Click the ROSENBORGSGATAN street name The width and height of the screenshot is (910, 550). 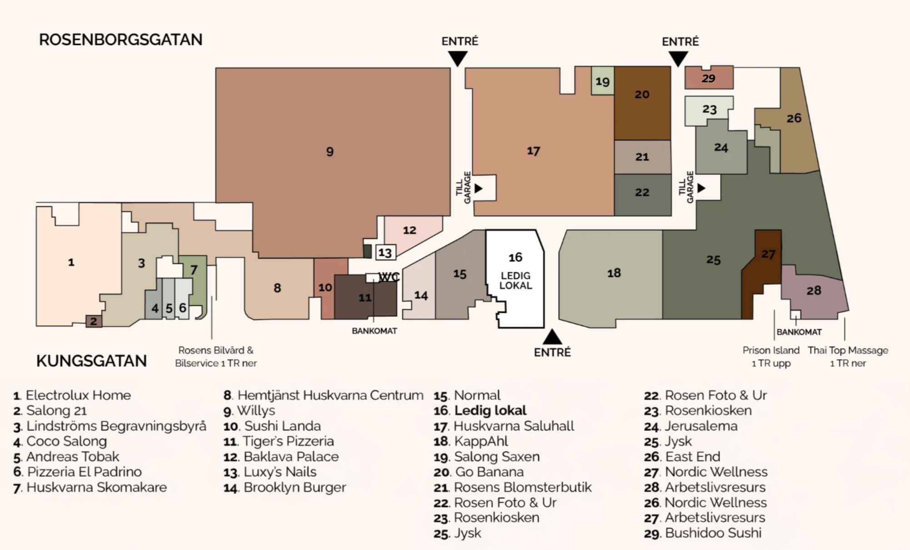coord(120,40)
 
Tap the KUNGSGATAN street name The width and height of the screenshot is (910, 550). coord(91,361)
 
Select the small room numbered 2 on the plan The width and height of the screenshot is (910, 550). coord(94,321)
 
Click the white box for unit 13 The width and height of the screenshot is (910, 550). coord(385,252)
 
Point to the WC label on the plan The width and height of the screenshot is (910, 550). coord(389,277)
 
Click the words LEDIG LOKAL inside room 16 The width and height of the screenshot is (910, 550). coord(515,281)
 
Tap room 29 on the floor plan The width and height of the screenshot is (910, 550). coord(708,78)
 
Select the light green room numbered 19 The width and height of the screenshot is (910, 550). coord(602,81)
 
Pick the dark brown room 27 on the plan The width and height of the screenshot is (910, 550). coord(767,255)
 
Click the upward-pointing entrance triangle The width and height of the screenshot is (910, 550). coord(552,337)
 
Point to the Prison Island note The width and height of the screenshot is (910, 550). coord(771,356)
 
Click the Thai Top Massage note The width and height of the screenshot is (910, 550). coord(848,356)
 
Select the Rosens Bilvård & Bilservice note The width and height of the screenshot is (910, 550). coord(216,356)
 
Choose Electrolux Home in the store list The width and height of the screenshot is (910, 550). coord(78,395)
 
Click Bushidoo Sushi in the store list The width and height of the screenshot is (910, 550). coord(713,533)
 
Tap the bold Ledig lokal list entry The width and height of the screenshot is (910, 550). coord(490,410)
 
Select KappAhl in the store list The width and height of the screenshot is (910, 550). coord(481,441)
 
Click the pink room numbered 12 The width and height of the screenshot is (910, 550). coord(409,230)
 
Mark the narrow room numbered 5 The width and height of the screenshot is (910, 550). coord(169,308)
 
